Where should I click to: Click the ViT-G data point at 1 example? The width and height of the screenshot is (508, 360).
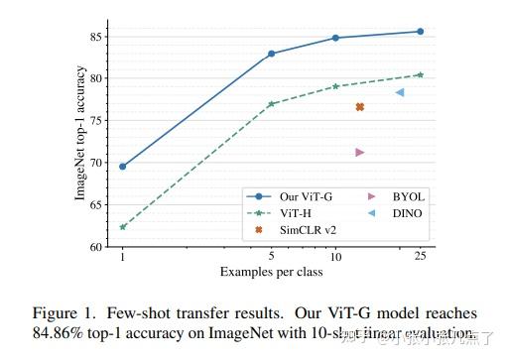pos(122,167)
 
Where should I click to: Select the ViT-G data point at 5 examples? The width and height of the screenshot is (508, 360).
pos(272,54)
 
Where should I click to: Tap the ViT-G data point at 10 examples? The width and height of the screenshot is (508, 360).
pos(335,38)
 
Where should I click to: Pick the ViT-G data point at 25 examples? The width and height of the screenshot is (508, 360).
pos(420,32)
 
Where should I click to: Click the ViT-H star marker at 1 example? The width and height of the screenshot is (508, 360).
pos(122,227)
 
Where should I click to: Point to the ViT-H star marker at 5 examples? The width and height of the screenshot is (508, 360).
pos(272,103)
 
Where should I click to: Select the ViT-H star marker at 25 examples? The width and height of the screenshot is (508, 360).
pos(420,74)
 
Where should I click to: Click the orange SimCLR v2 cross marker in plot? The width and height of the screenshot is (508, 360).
pos(359,107)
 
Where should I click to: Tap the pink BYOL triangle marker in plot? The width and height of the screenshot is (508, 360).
pos(359,152)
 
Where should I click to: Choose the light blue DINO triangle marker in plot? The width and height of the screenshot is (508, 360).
pos(399,92)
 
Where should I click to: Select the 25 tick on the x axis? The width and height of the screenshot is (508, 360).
pos(420,257)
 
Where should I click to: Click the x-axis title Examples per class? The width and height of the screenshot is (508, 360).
pos(271,271)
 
